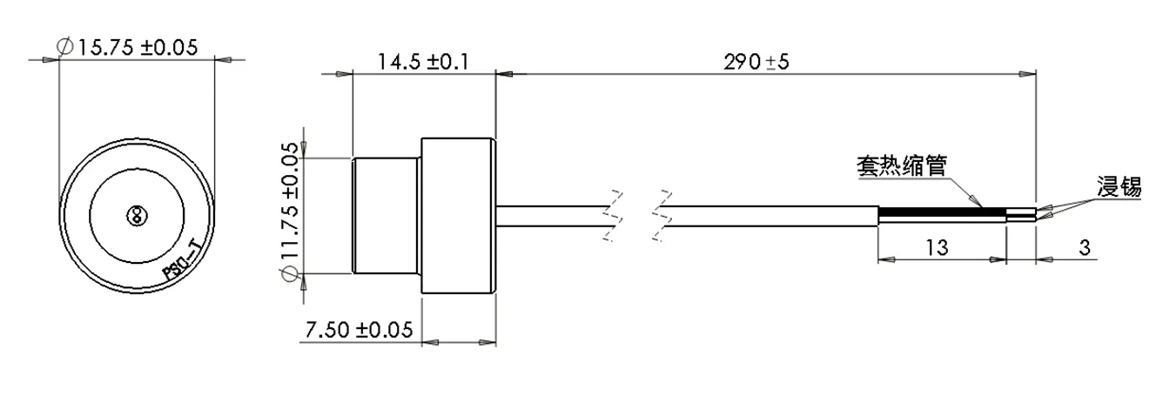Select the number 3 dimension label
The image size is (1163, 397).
coord(1085,247)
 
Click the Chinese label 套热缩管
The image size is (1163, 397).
coord(900,165)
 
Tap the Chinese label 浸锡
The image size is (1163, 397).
coord(1119,185)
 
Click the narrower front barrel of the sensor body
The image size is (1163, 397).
coord(387,214)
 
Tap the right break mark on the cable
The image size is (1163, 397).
coord(662,214)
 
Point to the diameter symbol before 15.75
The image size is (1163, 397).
coord(64,49)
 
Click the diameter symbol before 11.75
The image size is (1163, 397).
coord(290,277)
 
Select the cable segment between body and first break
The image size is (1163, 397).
coord(548,214)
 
